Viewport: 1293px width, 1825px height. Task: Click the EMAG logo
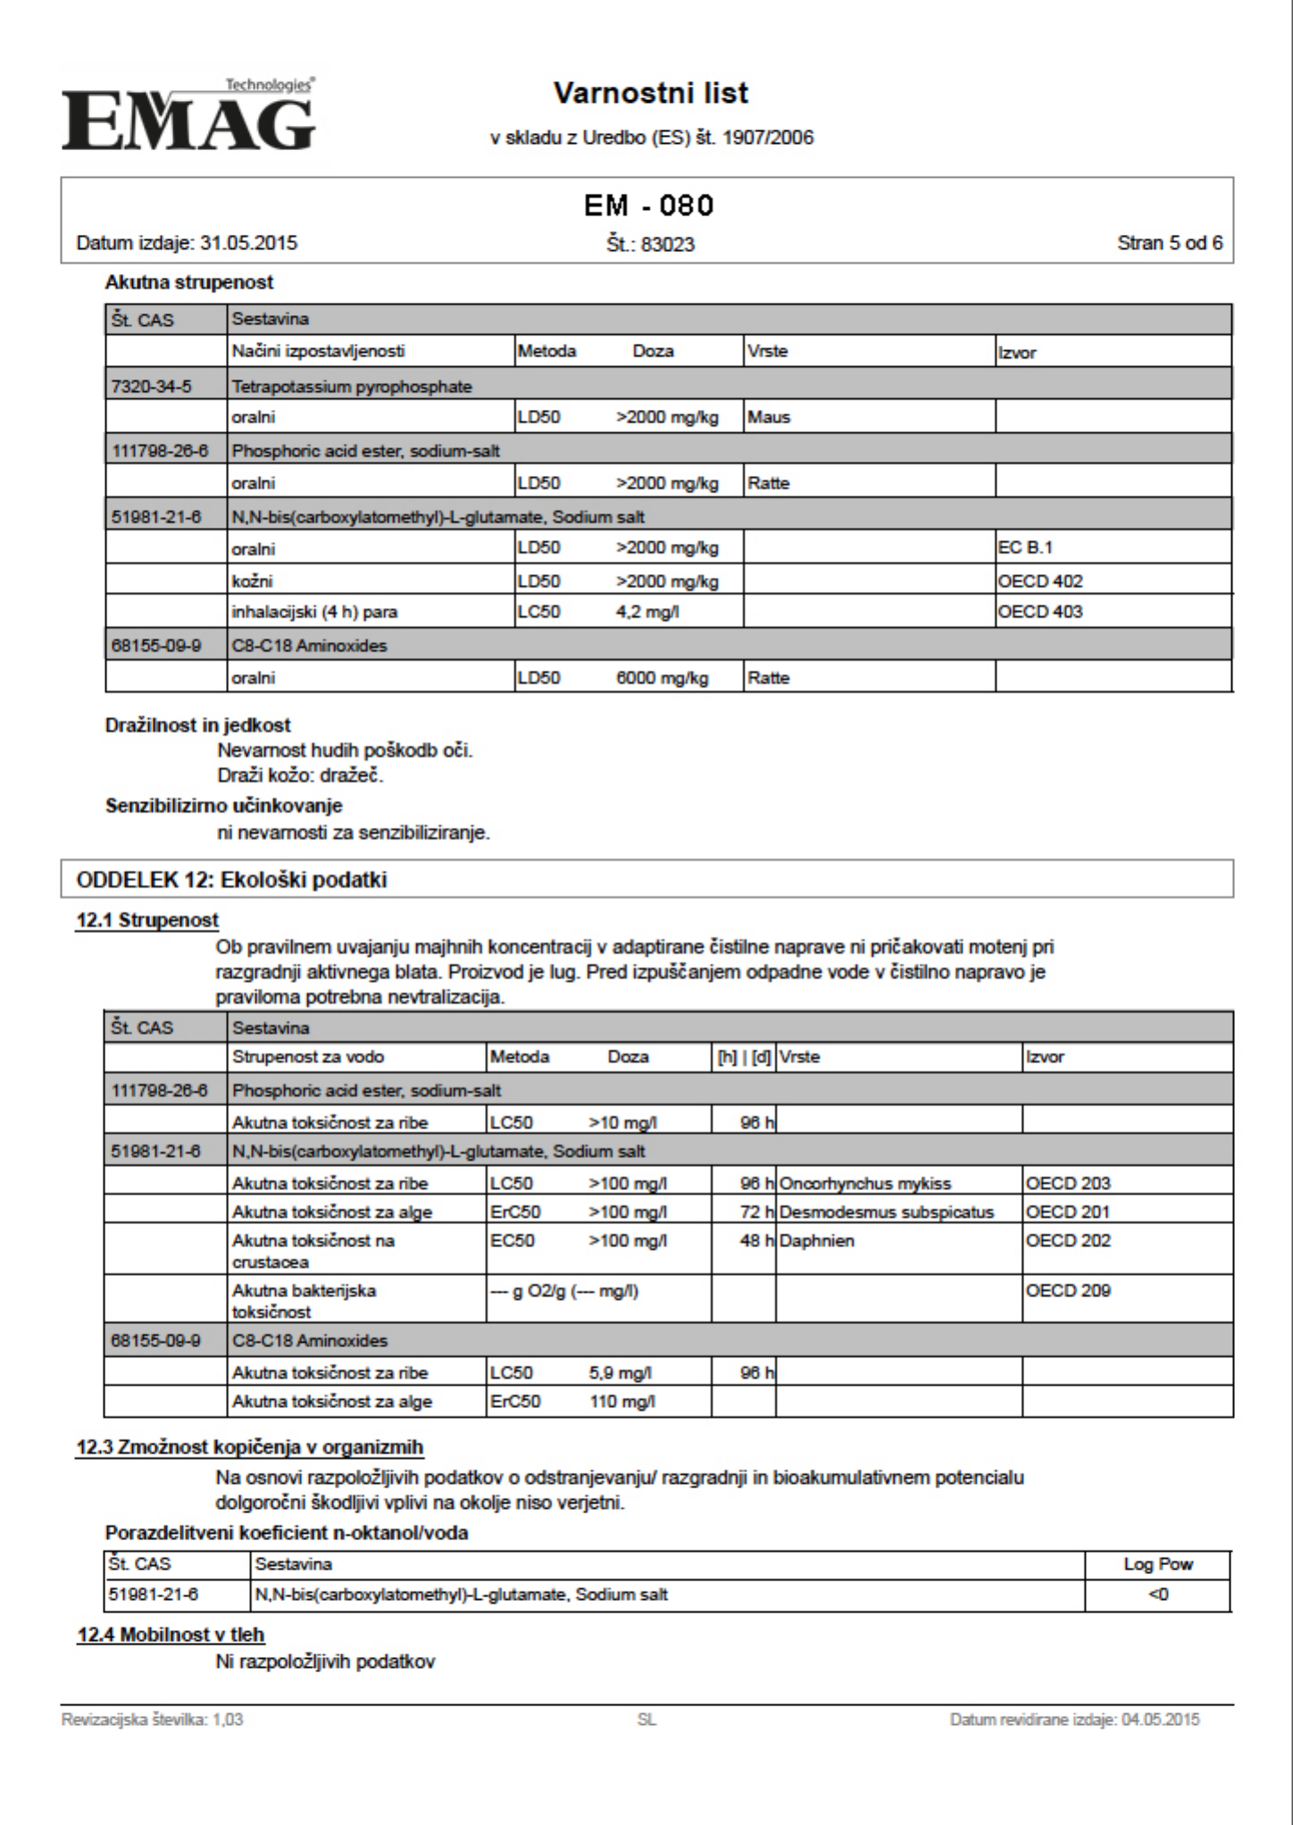pos(188,116)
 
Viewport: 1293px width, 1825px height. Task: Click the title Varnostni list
pos(650,93)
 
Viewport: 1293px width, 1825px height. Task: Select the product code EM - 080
pos(648,206)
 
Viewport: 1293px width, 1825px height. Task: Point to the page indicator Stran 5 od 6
pos(1169,243)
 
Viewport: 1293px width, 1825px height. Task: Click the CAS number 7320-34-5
pos(151,387)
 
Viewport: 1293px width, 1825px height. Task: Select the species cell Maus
pos(769,417)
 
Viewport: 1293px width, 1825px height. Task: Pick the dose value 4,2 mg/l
pos(646,612)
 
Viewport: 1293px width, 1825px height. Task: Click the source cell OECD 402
pos(1040,581)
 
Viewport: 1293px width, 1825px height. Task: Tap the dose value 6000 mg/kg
pos(662,678)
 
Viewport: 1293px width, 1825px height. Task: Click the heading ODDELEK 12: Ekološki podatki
pos(231,879)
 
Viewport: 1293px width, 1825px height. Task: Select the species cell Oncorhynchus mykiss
pos(864,1183)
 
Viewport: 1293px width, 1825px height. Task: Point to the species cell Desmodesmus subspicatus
pos(886,1212)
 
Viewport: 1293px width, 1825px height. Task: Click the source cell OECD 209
pos(1068,1290)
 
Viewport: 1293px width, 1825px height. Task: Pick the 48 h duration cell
pos(755,1240)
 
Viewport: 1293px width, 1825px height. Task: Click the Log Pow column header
pos(1157,1564)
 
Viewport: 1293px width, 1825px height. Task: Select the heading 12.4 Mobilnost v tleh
pos(171,1635)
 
